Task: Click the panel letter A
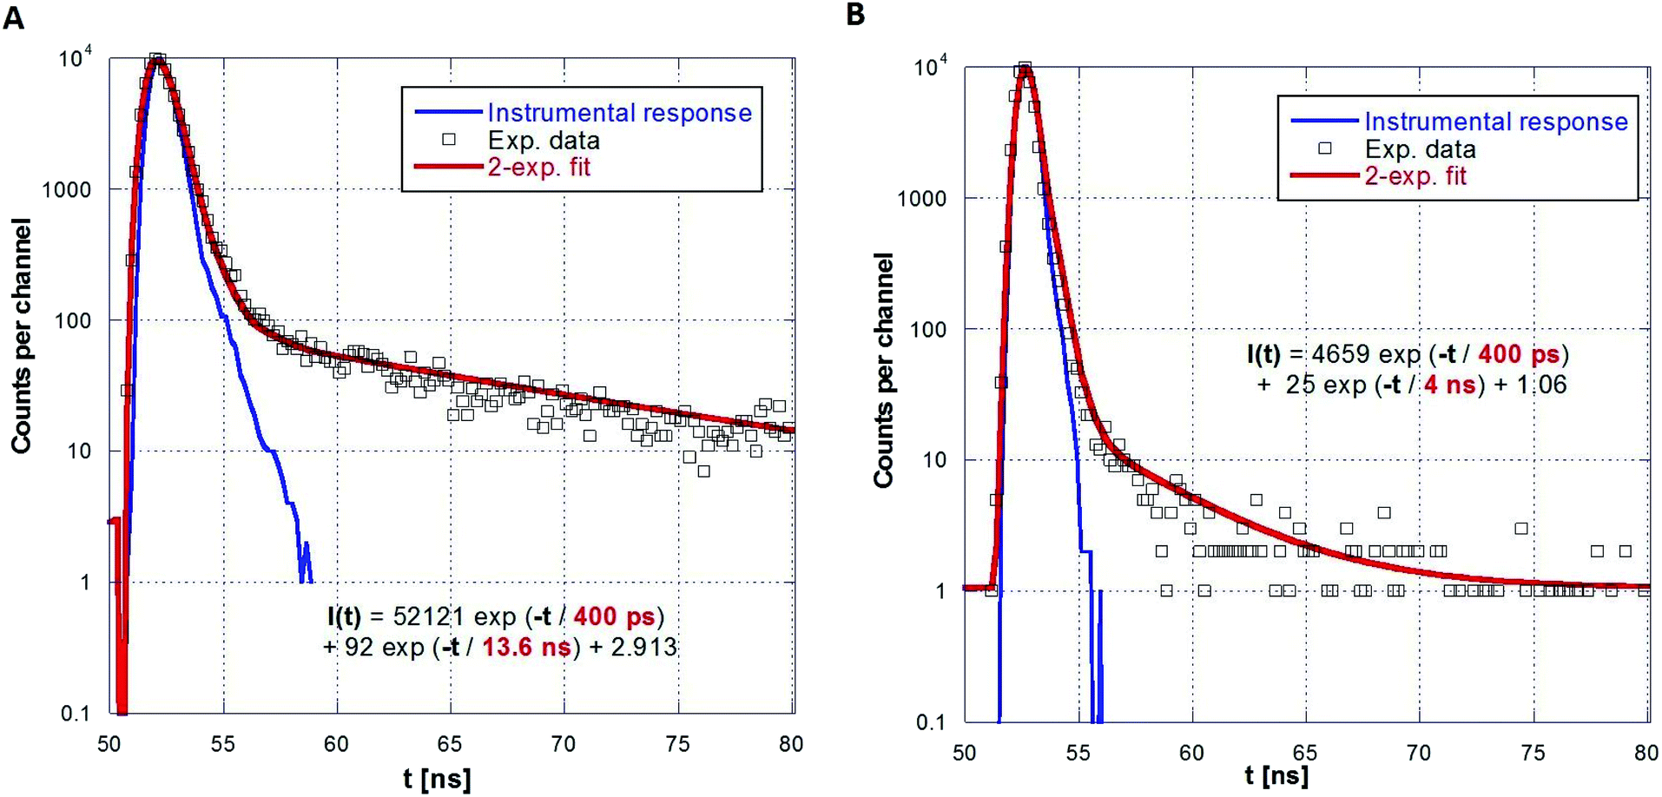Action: pos(14,16)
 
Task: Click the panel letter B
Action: pos(855,15)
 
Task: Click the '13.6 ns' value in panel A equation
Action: pos(527,647)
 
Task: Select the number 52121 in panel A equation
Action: pos(429,616)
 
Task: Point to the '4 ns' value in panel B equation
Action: pos(1450,385)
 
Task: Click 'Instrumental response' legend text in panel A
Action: pos(619,113)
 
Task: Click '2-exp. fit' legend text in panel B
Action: pos(1415,176)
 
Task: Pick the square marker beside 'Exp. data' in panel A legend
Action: pos(449,139)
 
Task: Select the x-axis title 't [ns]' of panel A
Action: pos(437,778)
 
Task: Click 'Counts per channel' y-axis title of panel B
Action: pos(884,370)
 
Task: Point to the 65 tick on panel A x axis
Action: pos(450,744)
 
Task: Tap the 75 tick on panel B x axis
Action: pos(1533,753)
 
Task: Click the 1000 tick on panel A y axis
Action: pos(66,190)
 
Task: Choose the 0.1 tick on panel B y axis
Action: pos(930,722)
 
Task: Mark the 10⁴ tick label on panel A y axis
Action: pos(75,59)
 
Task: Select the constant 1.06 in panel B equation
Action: pos(1541,385)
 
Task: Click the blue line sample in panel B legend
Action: pos(1324,121)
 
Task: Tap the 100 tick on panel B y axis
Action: pos(927,330)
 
